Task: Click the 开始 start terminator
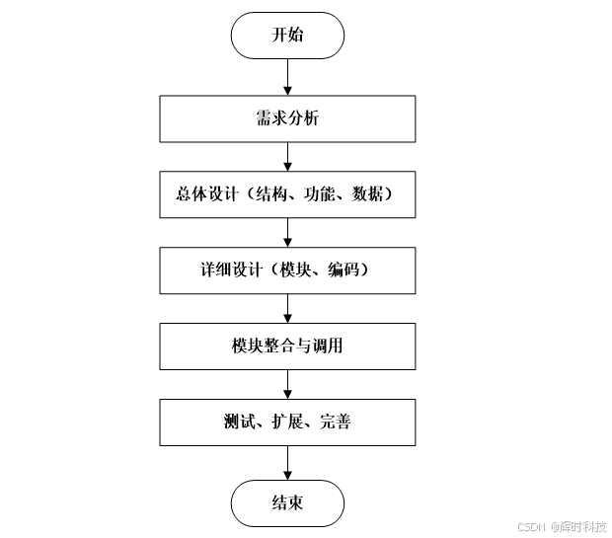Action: [287, 36]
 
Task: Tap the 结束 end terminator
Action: [287, 503]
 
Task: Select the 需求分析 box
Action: [287, 119]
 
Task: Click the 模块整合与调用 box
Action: [287, 346]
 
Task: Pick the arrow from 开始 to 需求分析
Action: [287, 76]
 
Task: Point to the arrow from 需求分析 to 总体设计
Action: [287, 157]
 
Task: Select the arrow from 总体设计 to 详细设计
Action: [287, 232]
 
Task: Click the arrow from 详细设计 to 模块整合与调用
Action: [287, 308]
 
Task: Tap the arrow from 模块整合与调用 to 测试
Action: [287, 384]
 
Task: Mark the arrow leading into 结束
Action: [287, 462]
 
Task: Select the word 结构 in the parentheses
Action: [270, 195]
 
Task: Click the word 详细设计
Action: [219, 270]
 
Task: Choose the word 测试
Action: [239, 423]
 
